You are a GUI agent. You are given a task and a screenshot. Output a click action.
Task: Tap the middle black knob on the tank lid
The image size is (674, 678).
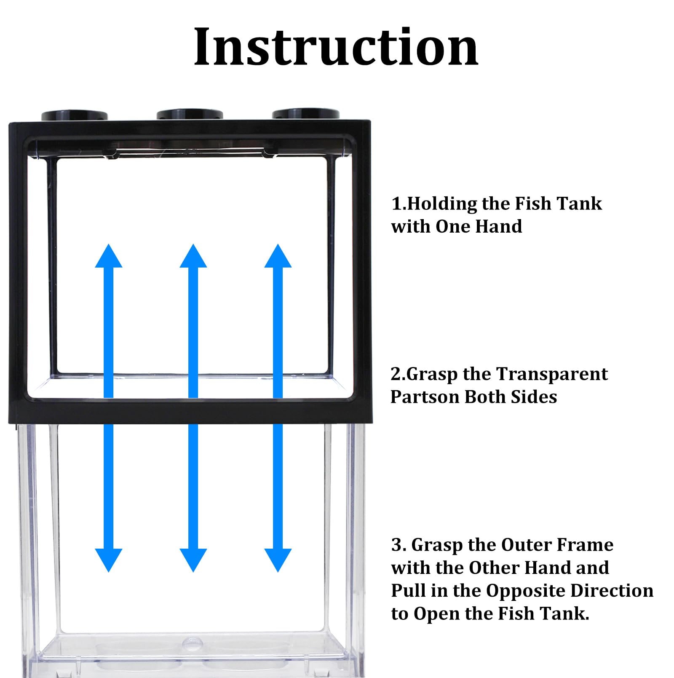(x=190, y=115)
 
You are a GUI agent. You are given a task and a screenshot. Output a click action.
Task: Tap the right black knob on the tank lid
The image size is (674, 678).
(x=305, y=114)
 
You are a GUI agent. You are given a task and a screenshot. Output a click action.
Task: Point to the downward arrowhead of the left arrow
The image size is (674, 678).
(x=109, y=559)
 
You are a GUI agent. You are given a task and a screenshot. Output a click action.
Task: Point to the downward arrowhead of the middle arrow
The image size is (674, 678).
(x=193, y=559)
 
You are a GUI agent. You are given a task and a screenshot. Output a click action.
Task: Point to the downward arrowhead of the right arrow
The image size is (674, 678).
(x=278, y=559)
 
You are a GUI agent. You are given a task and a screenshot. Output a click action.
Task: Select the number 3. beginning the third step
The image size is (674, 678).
(x=398, y=545)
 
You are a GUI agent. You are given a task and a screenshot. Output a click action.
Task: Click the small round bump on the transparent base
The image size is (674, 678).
(x=192, y=642)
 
